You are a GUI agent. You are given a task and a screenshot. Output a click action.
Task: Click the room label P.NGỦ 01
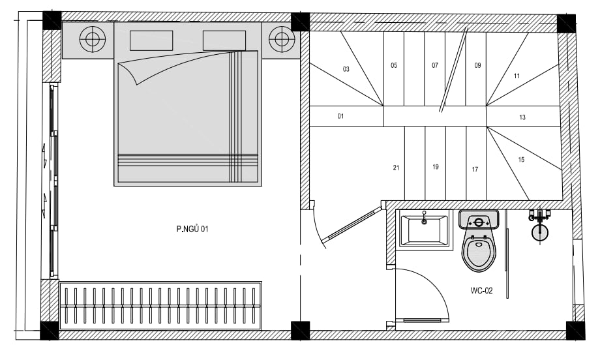(x=192, y=229)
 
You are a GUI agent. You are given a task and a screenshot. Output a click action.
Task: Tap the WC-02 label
(x=481, y=291)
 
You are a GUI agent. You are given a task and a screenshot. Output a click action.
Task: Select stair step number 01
(x=340, y=116)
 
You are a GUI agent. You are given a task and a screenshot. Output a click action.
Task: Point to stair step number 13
(x=522, y=117)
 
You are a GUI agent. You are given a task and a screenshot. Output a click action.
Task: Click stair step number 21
(x=396, y=168)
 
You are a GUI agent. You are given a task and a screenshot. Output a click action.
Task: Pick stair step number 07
(x=435, y=65)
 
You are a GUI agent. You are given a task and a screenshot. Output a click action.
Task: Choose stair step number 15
(x=521, y=160)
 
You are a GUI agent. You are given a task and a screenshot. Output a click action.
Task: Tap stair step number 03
(x=346, y=69)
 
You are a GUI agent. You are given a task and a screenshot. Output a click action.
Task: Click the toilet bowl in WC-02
(x=478, y=250)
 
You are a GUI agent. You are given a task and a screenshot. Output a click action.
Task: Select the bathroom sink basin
(x=424, y=230)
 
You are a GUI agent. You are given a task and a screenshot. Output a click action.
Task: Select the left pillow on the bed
(x=151, y=40)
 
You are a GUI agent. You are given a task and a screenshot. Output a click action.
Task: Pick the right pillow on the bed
(x=224, y=40)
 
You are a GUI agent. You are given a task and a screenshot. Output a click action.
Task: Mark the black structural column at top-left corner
(x=52, y=21)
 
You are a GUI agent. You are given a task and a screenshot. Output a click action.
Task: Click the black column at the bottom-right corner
(x=575, y=331)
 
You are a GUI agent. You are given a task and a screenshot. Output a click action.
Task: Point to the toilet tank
(x=479, y=220)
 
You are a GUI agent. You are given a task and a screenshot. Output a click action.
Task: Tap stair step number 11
(x=517, y=76)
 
